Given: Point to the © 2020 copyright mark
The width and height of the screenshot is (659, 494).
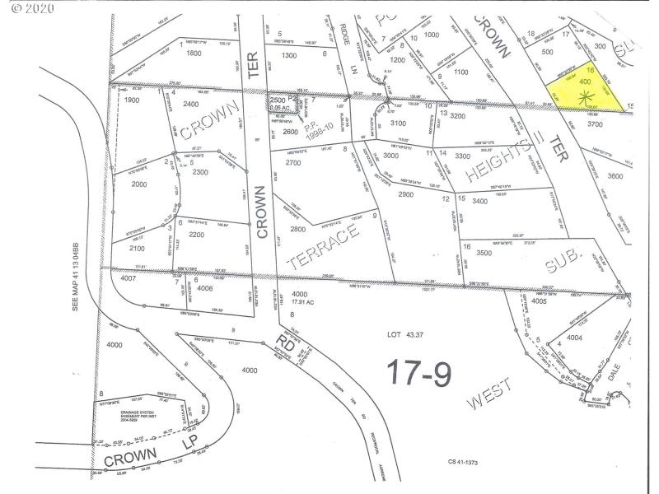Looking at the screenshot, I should pyautogui.click(x=29, y=10).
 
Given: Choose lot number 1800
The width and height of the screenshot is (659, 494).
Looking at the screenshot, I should pyautogui.click(x=194, y=53).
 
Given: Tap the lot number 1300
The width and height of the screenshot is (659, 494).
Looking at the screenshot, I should pyautogui.click(x=289, y=55).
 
